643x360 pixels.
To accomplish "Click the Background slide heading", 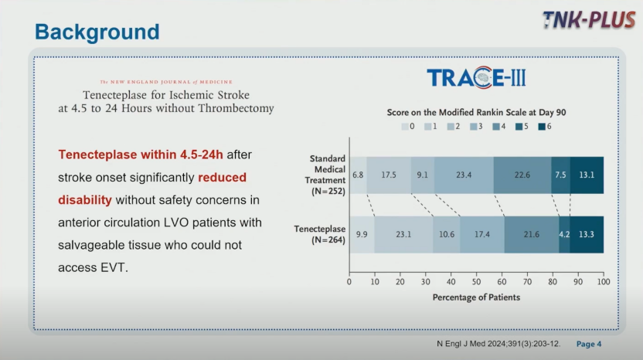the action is click(97, 32).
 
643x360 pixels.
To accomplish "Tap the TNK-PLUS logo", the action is click(588, 19).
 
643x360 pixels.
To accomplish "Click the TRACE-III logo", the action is click(476, 77).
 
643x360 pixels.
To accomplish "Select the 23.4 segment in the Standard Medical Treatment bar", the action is click(464, 175).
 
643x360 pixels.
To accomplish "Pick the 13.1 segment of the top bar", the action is click(587, 175).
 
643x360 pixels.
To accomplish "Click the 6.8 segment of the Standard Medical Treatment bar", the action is click(358, 175).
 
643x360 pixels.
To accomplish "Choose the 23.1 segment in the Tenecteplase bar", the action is click(403, 235).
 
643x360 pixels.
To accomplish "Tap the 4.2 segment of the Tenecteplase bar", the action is click(564, 235).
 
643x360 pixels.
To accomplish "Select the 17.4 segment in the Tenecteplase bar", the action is click(482, 235).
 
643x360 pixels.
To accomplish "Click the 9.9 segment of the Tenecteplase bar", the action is click(362, 235).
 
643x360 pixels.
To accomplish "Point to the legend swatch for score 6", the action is click(542, 127).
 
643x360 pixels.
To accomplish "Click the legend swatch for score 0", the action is click(405, 127).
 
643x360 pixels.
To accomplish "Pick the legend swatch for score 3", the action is click(473, 127).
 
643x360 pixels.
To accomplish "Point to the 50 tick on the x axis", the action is click(476, 274).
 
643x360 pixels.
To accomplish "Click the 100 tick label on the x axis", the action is click(604, 282).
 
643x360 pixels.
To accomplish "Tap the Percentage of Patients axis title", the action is click(476, 297).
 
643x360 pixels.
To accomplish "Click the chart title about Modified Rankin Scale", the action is click(476, 112).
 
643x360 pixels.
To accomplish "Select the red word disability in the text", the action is click(85, 200).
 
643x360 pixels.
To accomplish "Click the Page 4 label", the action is click(589, 344).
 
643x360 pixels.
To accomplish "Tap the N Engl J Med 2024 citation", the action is click(498, 344).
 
